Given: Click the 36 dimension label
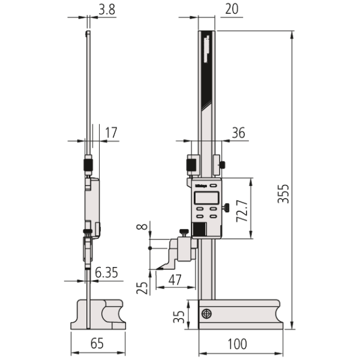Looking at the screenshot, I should [x=238, y=133].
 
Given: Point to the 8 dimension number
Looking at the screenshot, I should [x=141, y=227].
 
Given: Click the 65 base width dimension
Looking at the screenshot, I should [x=97, y=344].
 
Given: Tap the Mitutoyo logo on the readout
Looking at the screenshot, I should [x=200, y=185].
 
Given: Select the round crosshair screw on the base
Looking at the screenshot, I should [x=207, y=314].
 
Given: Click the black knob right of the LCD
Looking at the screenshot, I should [x=227, y=208].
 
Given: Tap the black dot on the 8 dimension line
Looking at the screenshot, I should [x=149, y=247].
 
